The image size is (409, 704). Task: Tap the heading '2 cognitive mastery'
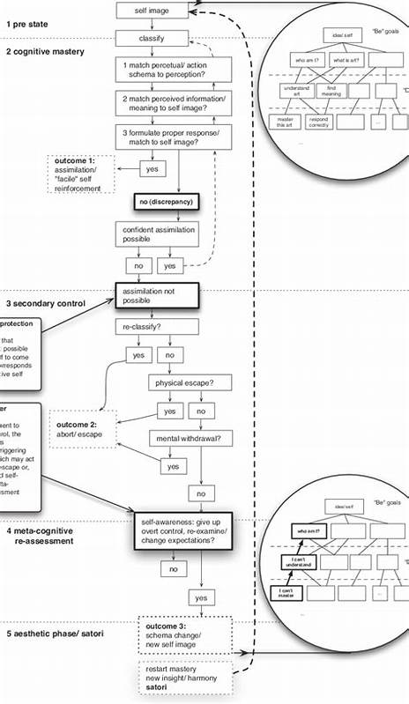[45, 52]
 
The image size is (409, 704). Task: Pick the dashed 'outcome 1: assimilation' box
[86, 174]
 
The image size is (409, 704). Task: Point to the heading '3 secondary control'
[46, 303]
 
